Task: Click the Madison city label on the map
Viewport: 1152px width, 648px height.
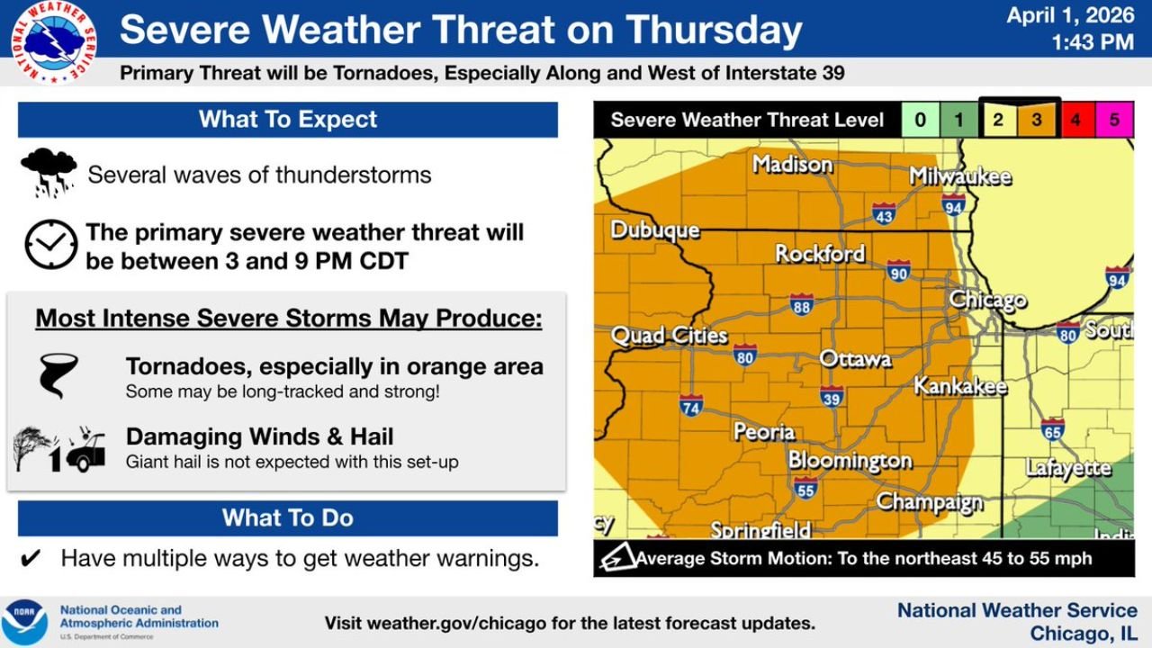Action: coord(792,165)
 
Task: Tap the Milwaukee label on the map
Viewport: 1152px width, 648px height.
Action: coord(959,176)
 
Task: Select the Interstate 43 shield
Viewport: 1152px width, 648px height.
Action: coord(884,213)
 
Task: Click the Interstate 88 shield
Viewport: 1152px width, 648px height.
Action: coord(802,305)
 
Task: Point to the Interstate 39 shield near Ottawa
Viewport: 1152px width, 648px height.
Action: coord(832,396)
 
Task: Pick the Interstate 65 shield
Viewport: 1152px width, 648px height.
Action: coord(1052,428)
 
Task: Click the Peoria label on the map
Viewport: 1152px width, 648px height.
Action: coord(764,432)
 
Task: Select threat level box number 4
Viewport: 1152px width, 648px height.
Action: coord(1075,120)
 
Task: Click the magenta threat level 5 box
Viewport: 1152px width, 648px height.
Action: coord(1114,120)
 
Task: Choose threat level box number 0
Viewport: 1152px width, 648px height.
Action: coord(921,120)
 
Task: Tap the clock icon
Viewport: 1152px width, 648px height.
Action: coord(50,245)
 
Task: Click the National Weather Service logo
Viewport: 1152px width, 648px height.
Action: coord(54,42)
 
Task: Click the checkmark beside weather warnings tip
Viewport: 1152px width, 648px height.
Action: coord(31,559)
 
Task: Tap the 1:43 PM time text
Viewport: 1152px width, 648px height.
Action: coord(1093,41)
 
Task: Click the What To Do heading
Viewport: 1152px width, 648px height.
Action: coord(288,518)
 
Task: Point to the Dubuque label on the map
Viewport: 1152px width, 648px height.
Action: coord(654,230)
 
